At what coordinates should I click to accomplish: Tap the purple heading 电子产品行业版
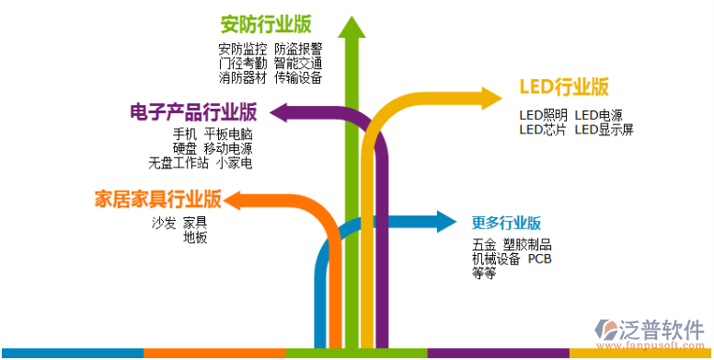point(193,113)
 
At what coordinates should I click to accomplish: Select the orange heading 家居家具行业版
point(157,199)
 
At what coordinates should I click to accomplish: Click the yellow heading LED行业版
point(564,87)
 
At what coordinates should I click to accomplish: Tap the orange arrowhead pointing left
point(236,200)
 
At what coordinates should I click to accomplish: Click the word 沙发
point(163,223)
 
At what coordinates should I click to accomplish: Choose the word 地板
point(195,238)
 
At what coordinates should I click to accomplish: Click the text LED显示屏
point(604,130)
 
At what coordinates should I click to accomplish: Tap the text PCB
point(540,259)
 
